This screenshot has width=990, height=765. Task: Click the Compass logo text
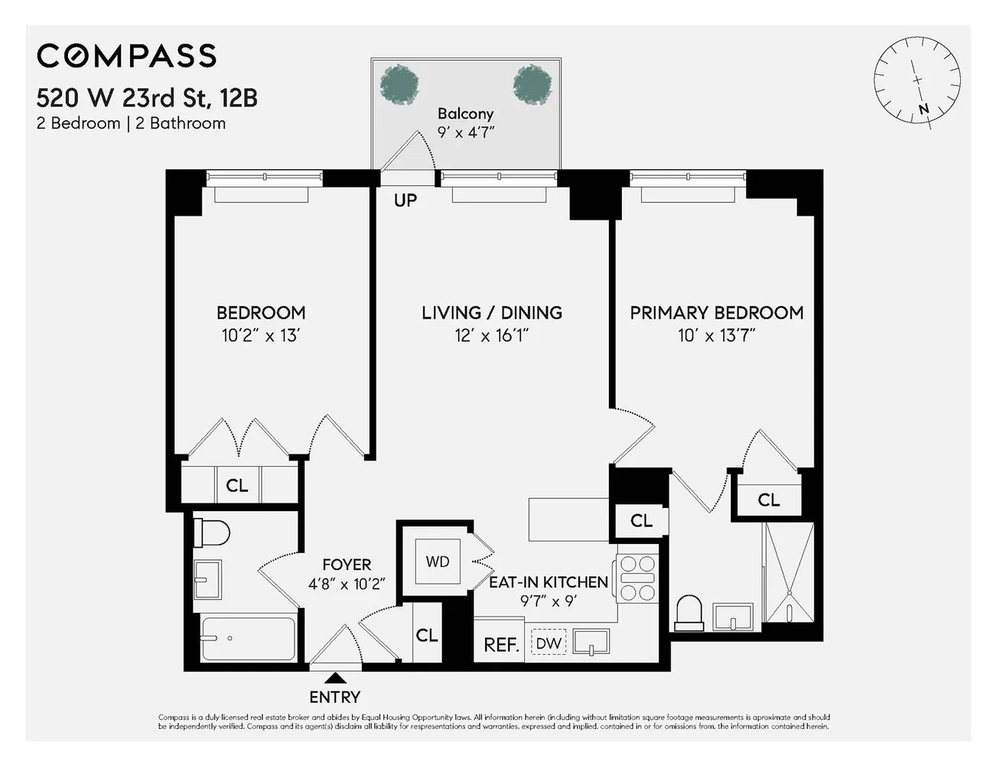coord(127,56)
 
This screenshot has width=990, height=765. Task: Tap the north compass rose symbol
coord(917,80)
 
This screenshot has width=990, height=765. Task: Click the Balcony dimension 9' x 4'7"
coord(465,132)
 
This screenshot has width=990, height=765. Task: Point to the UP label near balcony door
coord(405,200)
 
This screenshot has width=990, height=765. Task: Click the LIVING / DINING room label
coord(491,312)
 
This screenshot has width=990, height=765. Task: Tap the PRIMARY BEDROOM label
coord(716,312)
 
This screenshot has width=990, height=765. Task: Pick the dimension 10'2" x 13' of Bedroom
coord(260,335)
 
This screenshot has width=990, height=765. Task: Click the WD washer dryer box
coord(437,562)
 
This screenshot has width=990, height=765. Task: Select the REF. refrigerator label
coord(501,645)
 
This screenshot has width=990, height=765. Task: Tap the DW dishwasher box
coord(548,643)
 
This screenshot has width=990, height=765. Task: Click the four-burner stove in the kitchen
coord(637,578)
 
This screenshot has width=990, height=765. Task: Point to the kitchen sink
coord(591,642)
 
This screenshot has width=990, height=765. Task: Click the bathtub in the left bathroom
coord(248,639)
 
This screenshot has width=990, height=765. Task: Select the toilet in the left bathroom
coord(212,532)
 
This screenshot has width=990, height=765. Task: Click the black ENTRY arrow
coord(334,678)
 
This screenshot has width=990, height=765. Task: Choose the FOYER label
coord(347,565)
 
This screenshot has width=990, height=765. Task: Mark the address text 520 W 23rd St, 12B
coord(147,98)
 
